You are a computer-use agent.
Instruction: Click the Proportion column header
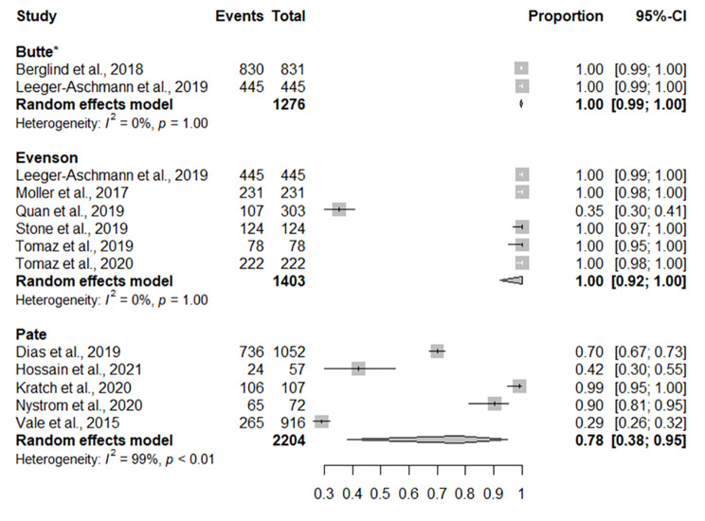point(566,16)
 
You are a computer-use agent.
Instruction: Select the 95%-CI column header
point(661,16)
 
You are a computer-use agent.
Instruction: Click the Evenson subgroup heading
point(46,157)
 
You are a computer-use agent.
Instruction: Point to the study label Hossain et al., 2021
point(76,368)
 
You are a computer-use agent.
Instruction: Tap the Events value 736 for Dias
point(250,351)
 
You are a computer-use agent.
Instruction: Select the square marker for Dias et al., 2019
point(437,351)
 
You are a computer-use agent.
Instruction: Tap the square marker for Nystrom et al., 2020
point(494,404)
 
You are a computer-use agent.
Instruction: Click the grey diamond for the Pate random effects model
point(455,439)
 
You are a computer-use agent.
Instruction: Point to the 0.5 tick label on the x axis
point(381,494)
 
